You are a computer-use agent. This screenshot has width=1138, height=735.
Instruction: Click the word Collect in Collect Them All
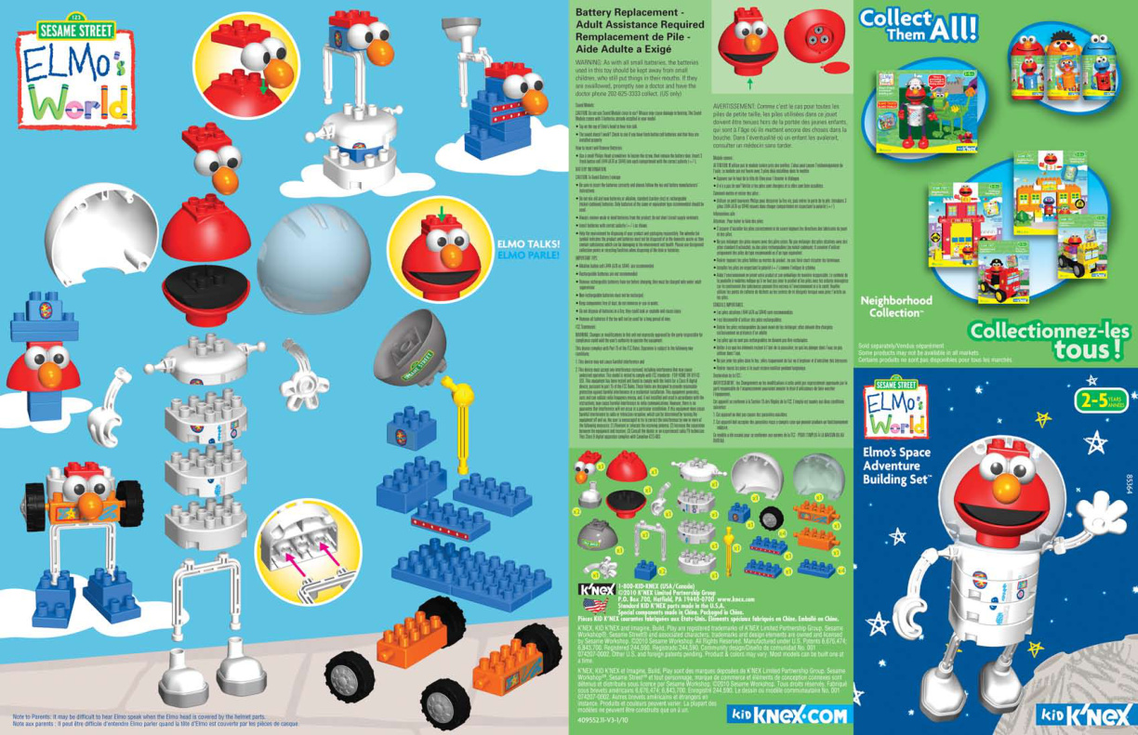[896, 18]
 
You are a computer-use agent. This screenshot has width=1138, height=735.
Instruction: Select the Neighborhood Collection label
[895, 307]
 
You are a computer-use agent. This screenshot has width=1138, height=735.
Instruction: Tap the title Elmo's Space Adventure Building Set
[896, 466]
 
